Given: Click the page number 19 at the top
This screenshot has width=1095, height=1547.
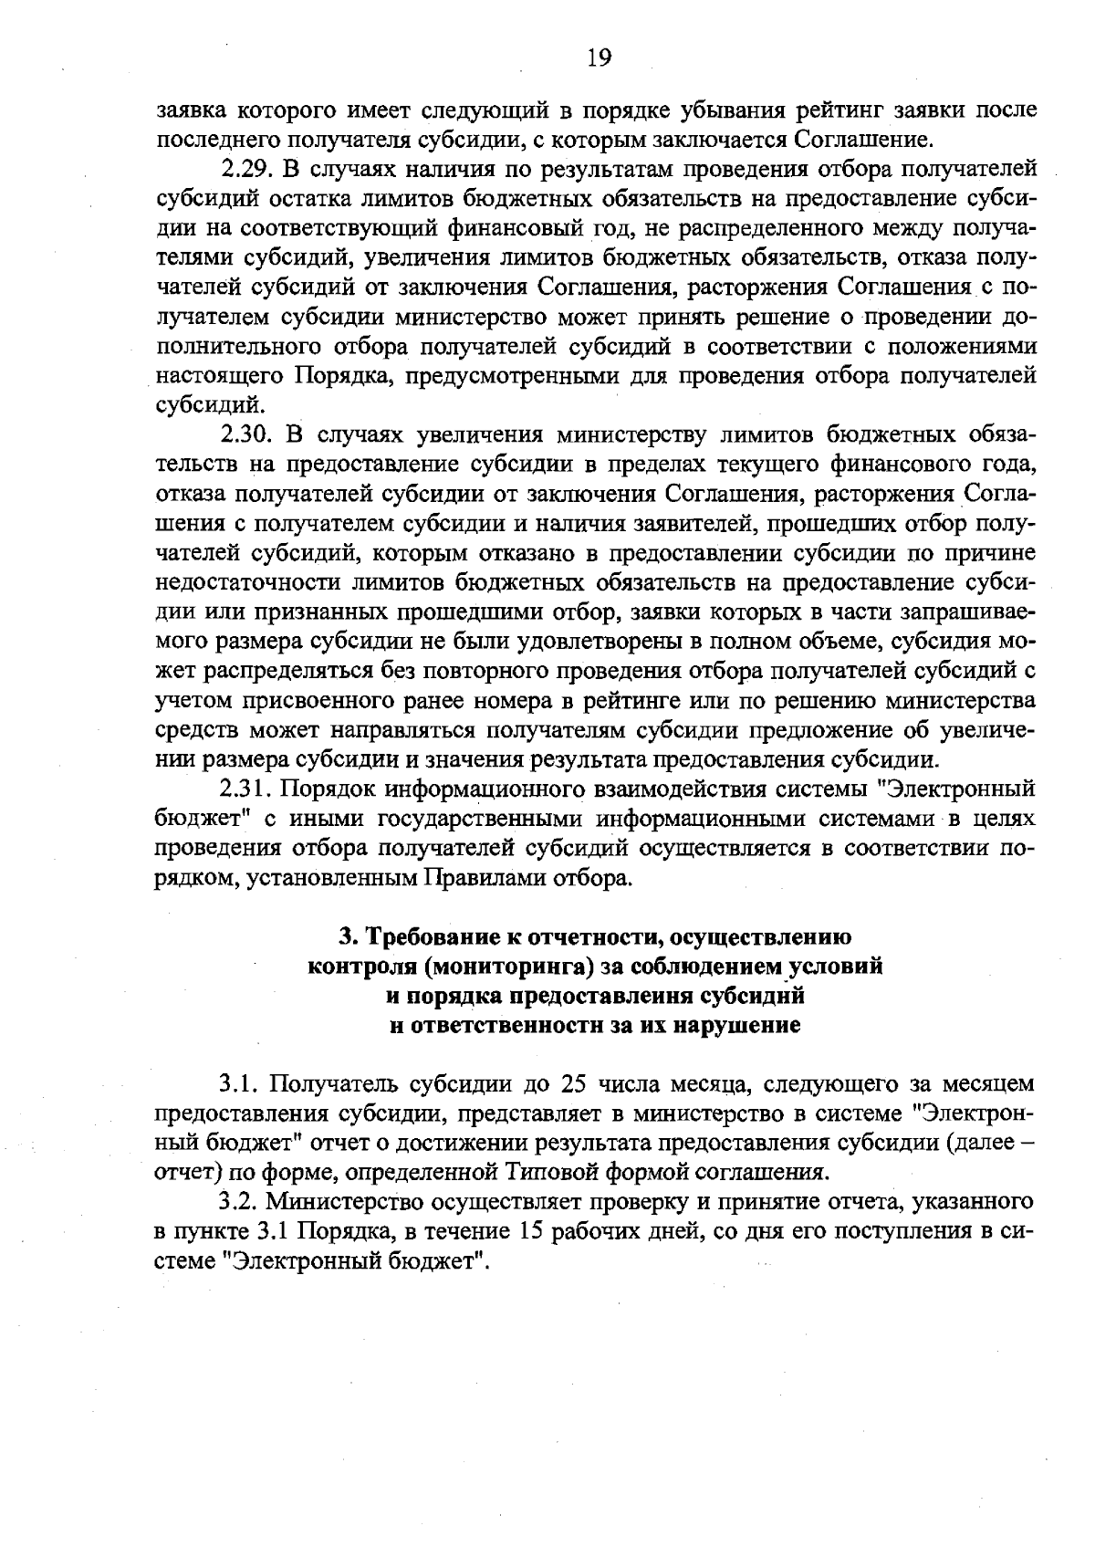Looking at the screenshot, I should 599,58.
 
